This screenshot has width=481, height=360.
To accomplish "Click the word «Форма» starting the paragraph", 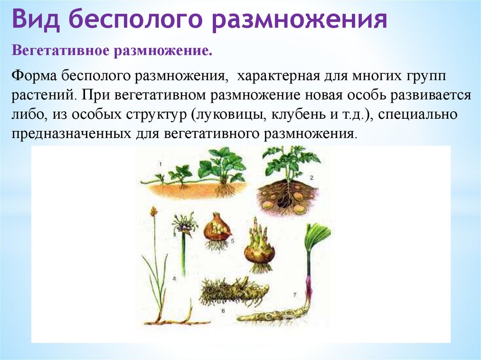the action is (x=34, y=76).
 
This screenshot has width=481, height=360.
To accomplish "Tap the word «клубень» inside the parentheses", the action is (x=295, y=114).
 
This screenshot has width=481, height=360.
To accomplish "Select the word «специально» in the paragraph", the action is (x=418, y=115).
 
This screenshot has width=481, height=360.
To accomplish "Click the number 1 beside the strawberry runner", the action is (x=160, y=164).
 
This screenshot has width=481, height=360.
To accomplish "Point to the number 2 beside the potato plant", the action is (x=312, y=177).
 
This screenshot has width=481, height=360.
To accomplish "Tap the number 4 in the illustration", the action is (x=174, y=279).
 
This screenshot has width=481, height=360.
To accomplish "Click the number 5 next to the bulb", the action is (x=232, y=241).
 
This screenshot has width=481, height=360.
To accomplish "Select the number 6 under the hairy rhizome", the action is (x=223, y=311).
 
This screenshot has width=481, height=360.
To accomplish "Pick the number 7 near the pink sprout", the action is (x=295, y=295).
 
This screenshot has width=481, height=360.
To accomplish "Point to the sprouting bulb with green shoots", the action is (x=260, y=246).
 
